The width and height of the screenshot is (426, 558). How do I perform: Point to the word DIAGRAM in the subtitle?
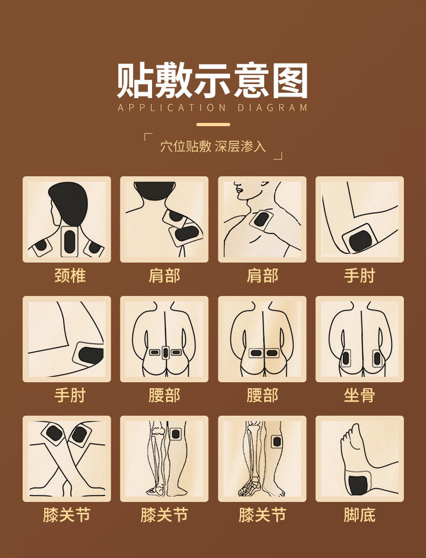click(272, 107)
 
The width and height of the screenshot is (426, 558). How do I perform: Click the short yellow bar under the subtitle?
click(213, 125)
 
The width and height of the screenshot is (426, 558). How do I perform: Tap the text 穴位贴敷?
click(185, 146)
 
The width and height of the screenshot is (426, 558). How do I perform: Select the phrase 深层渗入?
click(241, 146)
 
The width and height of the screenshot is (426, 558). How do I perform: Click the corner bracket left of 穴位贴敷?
click(148, 136)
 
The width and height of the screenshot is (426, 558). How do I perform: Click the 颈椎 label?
click(70, 276)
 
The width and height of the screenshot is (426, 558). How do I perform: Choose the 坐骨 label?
click(359, 396)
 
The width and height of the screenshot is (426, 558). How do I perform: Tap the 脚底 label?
click(359, 515)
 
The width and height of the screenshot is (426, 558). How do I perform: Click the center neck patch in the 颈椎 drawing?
click(70, 241)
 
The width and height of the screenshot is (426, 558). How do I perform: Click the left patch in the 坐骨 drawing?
click(346, 357)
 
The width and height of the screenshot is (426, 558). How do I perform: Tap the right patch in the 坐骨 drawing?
click(377, 357)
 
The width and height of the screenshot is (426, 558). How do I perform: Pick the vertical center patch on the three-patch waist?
click(164, 353)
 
